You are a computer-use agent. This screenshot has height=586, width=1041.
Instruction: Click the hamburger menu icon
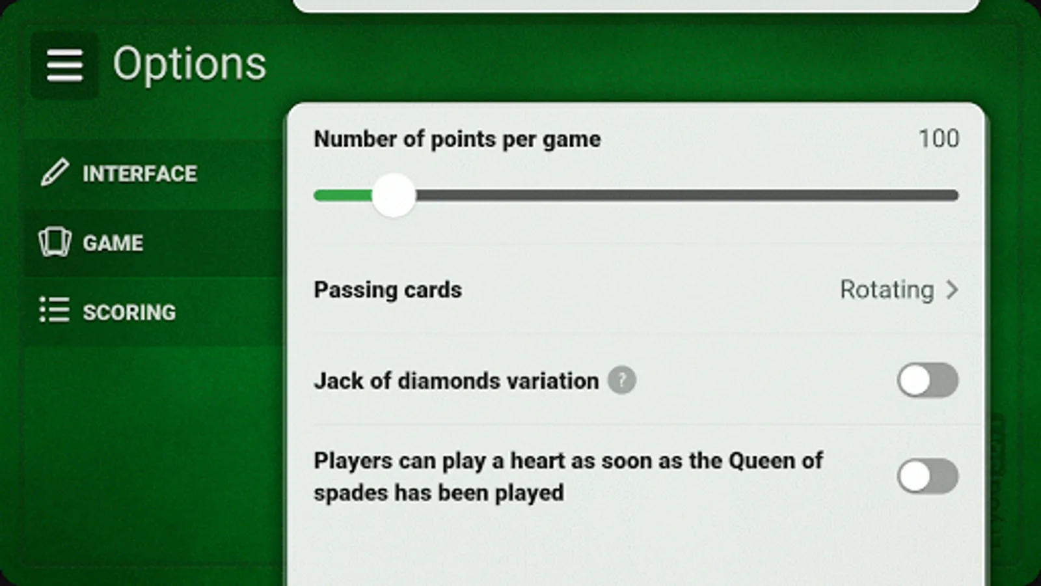pos(64,65)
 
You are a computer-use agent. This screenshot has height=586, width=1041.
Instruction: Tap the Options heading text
pos(189,64)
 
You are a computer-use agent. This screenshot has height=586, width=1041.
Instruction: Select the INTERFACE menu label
pos(140,174)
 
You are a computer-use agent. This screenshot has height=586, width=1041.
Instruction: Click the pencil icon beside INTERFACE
pos(55,172)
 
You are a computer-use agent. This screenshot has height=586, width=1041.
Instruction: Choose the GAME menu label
pos(113,244)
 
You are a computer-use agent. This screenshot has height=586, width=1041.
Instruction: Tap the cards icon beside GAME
pos(55,242)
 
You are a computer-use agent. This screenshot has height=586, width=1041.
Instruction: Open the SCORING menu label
pos(129,313)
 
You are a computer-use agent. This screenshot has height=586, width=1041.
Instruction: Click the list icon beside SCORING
pos(55,309)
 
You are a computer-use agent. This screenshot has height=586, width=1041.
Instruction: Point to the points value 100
pos(939,139)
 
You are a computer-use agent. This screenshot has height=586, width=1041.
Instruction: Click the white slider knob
pos(394,195)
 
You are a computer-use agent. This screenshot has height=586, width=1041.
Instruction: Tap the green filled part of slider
pos(344,195)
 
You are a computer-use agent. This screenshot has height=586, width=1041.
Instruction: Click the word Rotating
pos(887,290)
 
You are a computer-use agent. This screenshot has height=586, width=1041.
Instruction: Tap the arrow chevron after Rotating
pos(953,290)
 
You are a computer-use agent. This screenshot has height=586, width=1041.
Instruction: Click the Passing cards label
pos(388,290)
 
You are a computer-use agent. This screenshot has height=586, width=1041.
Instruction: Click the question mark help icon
pos(622,380)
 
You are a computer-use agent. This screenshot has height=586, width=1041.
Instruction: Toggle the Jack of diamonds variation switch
pos(928,380)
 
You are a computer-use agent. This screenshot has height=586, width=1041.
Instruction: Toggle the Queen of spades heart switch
pos(928,476)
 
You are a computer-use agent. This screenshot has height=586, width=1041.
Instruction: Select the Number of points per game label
pos(457,139)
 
